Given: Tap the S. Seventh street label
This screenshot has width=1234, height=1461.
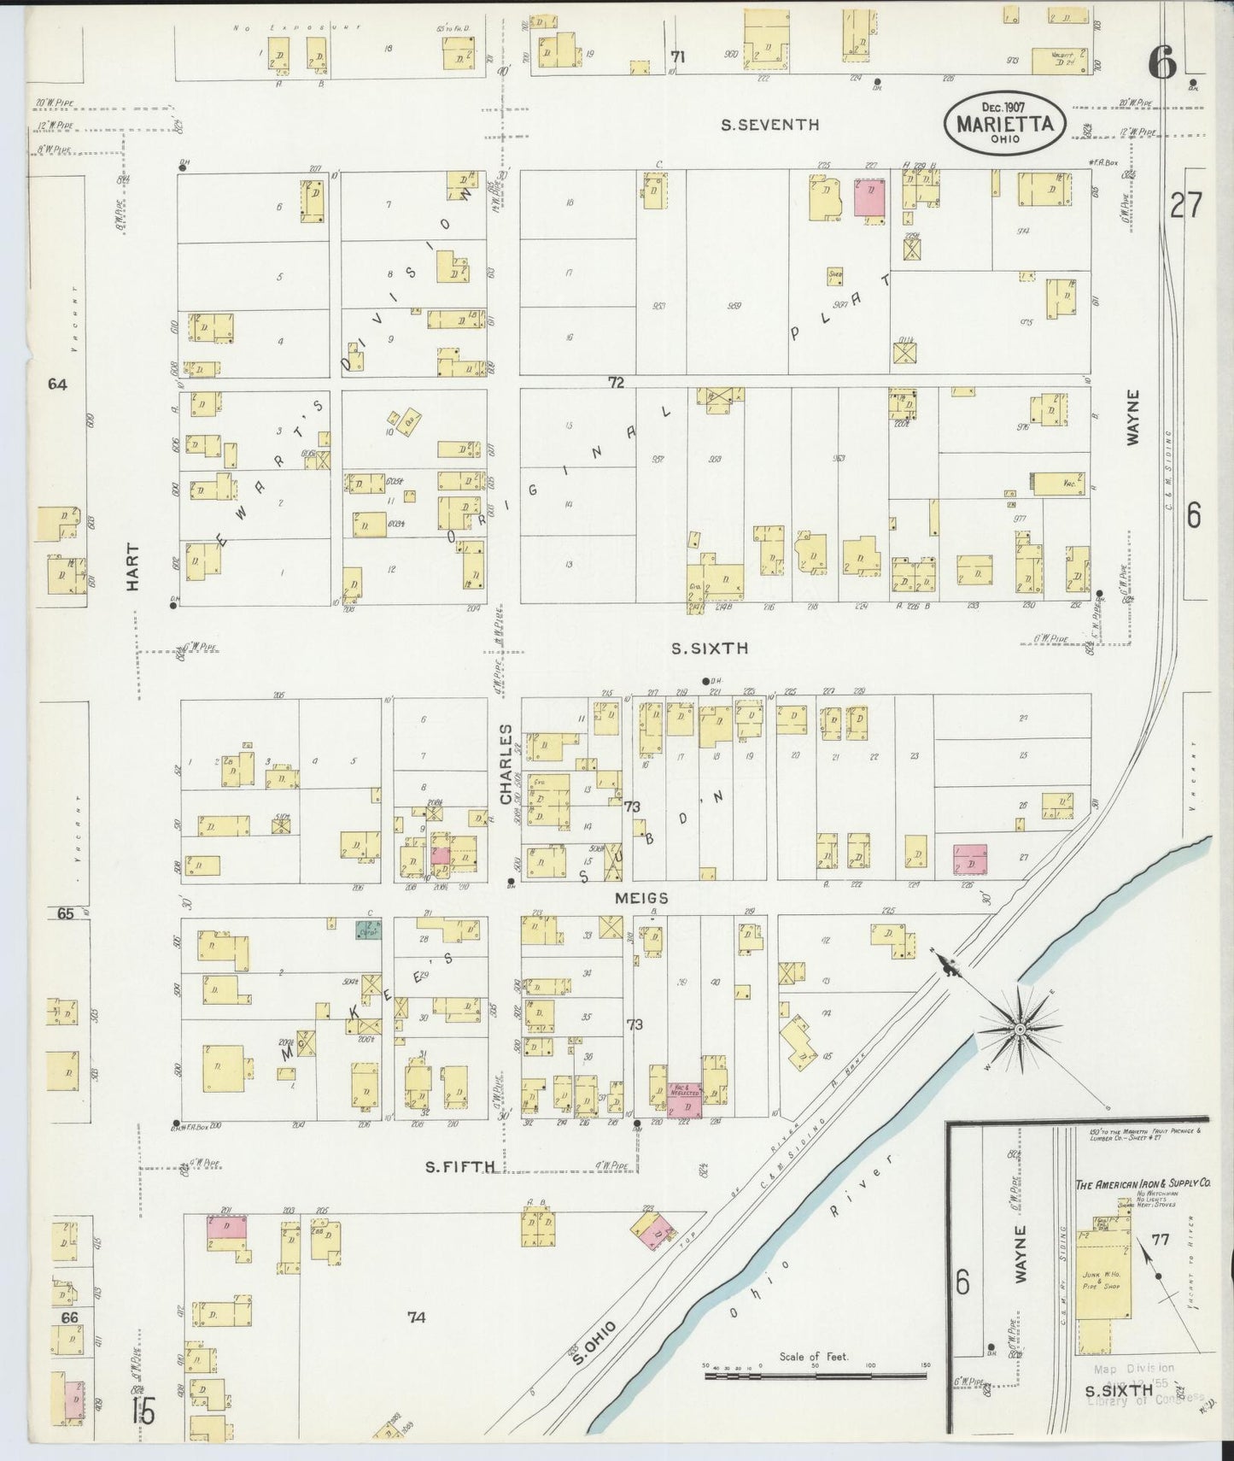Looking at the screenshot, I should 769,125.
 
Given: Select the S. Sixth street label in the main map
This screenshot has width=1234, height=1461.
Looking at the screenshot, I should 709,648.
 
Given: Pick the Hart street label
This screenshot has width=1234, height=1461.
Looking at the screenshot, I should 132,567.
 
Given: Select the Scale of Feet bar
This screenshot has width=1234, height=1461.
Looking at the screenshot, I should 815,1376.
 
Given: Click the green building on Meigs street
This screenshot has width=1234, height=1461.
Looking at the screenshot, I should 369,930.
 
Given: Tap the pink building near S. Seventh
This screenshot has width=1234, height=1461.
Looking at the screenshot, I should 869,197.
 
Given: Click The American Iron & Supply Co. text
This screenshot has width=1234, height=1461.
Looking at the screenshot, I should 1143,1184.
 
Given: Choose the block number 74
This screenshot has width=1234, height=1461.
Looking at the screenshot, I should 416,1317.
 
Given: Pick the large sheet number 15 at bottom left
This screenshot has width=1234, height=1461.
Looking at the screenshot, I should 143,1411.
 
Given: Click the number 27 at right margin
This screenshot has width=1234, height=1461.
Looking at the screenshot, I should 1186,205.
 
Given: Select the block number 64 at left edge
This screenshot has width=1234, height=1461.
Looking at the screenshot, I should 57,384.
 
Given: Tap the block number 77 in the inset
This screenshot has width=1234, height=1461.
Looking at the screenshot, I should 1160,1237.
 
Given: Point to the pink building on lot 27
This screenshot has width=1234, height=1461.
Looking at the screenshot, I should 969,860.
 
